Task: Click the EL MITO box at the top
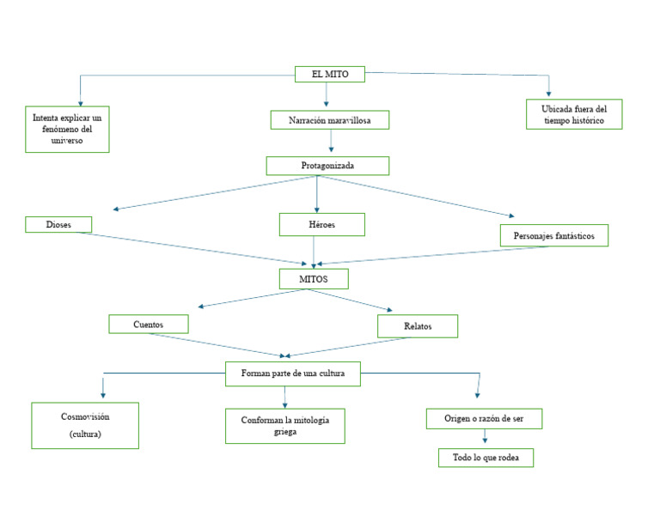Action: (329, 75)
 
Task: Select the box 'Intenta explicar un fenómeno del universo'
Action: (67, 129)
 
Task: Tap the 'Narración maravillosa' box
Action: (329, 120)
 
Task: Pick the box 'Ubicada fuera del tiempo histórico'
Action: (573, 115)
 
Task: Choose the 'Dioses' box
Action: (58, 225)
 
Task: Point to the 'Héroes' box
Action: (321, 225)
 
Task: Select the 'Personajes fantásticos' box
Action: (553, 235)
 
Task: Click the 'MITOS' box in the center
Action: (314, 279)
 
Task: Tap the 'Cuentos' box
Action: (148, 325)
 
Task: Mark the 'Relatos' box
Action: (418, 326)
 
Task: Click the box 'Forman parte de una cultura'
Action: (292, 373)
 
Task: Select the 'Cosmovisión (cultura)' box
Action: (85, 425)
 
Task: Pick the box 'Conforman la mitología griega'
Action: (284, 426)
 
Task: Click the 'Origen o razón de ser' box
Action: (484, 419)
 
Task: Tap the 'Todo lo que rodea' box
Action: (486, 458)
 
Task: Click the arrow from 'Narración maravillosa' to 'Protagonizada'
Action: (331, 142)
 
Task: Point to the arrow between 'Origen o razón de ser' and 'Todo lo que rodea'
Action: (485, 437)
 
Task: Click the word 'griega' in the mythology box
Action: (284, 433)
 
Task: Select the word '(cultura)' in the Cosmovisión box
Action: (85, 435)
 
